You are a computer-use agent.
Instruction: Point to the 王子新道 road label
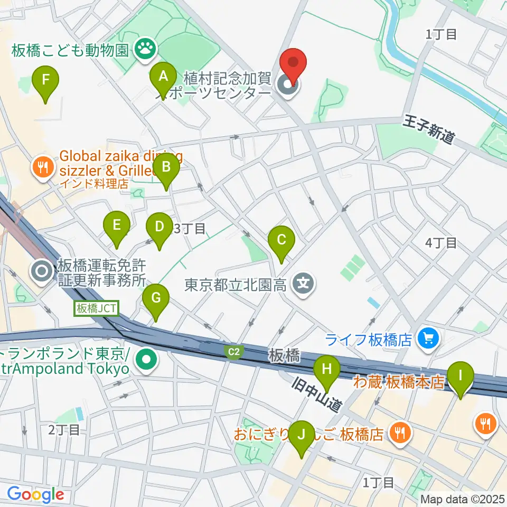430,128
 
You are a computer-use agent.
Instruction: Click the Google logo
35,494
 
